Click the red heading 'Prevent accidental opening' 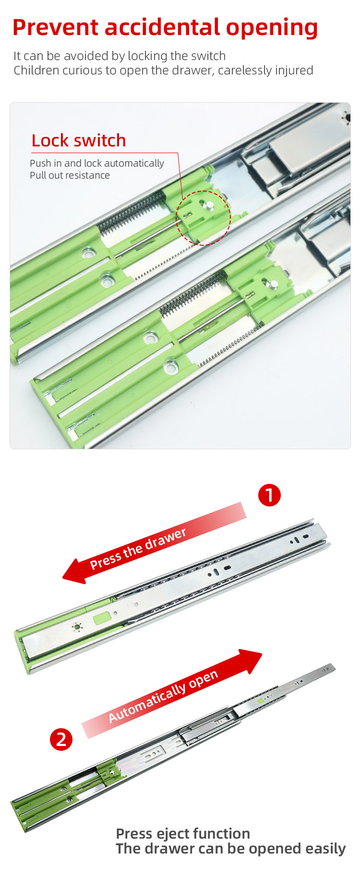pos(165,28)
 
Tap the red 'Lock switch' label pos(79,141)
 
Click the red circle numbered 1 pos(269,495)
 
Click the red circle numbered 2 pos(61,739)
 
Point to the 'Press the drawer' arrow pos(154,543)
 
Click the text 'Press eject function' pos(183,834)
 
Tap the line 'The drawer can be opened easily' pos(230,849)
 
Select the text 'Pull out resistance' pos(70,175)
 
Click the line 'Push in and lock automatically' pos(97,163)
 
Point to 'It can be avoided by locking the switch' pos(120,56)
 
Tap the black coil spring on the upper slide pos(132,212)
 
